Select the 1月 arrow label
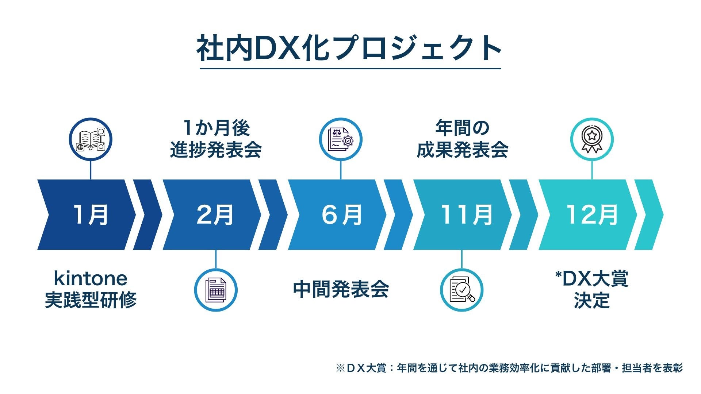point(91,215)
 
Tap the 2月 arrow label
point(215,215)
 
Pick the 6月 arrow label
point(342,215)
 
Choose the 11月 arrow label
point(467,215)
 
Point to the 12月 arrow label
point(592,215)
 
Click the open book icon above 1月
point(91,140)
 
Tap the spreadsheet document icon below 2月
point(215,290)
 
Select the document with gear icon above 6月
point(341,140)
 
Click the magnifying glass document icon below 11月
point(461,290)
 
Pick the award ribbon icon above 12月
point(592,140)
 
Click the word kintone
point(91,279)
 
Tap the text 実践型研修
point(91,300)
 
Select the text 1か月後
point(216,128)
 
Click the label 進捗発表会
point(216,150)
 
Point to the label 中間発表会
point(341,290)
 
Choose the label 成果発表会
point(462,150)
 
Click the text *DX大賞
point(591,279)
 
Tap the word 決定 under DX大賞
point(591,301)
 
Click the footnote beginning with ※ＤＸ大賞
point(509,368)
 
